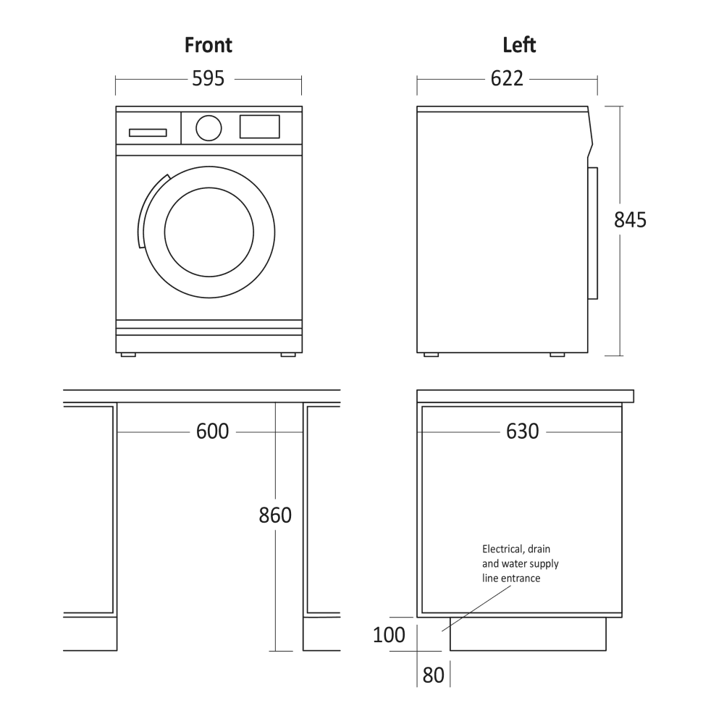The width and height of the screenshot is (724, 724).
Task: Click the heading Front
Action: [x=209, y=45]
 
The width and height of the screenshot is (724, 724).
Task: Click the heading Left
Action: [x=519, y=45]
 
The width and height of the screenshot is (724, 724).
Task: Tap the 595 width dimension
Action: [x=209, y=78]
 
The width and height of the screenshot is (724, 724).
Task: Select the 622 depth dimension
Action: [x=507, y=78]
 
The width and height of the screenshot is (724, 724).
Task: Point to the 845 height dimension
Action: [x=630, y=220]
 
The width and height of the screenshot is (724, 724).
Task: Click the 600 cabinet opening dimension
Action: [x=212, y=432]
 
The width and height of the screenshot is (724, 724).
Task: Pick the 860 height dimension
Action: [x=275, y=515]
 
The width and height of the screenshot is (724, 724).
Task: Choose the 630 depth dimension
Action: [x=523, y=432]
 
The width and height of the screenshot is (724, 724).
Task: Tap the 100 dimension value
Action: [x=389, y=635]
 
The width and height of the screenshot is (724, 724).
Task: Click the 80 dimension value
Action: [x=433, y=675]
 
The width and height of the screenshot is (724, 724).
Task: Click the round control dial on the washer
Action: [x=209, y=128]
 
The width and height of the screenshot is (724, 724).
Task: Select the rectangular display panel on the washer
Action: [x=259, y=127]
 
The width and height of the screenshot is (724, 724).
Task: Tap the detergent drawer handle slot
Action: [x=148, y=133]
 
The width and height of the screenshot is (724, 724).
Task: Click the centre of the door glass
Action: [x=209, y=232]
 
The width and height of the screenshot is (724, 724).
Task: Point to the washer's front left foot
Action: [x=128, y=355]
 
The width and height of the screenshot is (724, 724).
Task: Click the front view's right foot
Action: [x=288, y=355]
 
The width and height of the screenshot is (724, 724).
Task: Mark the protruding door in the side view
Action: [x=593, y=233]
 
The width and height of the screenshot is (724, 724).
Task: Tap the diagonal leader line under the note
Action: [x=477, y=608]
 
